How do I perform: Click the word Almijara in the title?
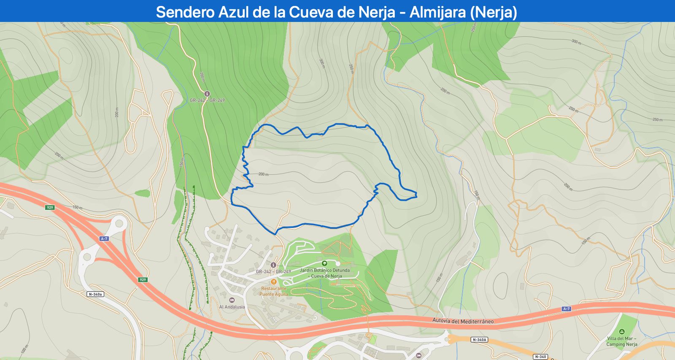[437, 12]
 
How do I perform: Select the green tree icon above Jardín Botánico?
[324, 263]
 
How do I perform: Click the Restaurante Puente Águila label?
[273, 291]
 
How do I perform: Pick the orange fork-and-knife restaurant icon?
[273, 282]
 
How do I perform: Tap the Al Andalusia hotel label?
[232, 307]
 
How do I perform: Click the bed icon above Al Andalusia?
[232, 300]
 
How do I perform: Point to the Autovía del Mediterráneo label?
[463, 321]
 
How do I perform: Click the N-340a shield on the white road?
[95, 294]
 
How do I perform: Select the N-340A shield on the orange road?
[479, 339]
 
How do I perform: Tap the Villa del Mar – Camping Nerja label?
[622, 341]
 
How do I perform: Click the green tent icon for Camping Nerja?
[621, 332]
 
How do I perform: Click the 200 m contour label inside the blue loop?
[263, 174]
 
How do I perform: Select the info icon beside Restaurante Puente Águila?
[273, 265]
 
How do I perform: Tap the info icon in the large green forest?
[207, 94]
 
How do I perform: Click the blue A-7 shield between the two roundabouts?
[104, 238]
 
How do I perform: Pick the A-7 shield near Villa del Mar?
[566, 309]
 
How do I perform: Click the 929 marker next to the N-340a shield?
[143, 280]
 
